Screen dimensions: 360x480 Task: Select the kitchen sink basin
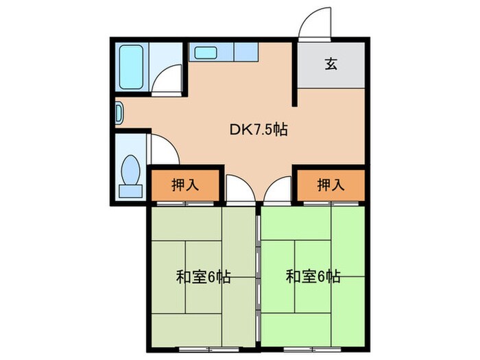(204, 51)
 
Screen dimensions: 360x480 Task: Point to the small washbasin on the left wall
(118, 112)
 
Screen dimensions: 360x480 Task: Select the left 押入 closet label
(185, 184)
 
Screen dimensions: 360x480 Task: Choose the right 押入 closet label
(331, 184)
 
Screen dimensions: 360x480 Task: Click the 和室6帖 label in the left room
(204, 277)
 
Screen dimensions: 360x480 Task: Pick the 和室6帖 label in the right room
(313, 277)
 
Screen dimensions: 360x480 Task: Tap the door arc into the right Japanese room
(278, 189)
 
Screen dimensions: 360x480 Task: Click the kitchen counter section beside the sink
(245, 51)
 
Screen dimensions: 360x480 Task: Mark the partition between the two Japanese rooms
(258, 274)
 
